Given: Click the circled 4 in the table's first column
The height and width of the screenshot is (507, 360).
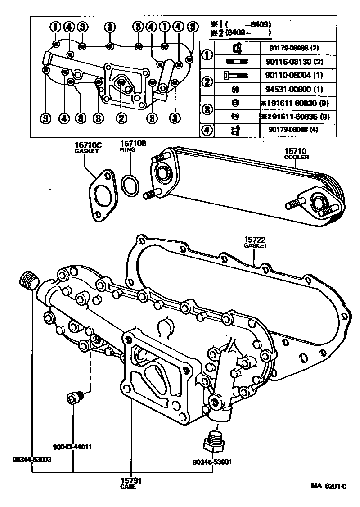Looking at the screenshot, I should click(207, 130).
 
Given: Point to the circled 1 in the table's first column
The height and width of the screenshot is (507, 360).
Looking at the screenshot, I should click(207, 55).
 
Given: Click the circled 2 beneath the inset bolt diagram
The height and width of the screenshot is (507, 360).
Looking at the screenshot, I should click(121, 118).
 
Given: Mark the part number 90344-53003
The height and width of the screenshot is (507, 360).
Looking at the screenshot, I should click(32, 459).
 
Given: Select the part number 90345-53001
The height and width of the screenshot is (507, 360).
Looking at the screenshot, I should click(212, 462).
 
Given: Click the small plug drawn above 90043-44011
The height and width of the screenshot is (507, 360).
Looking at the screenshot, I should click(75, 398).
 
